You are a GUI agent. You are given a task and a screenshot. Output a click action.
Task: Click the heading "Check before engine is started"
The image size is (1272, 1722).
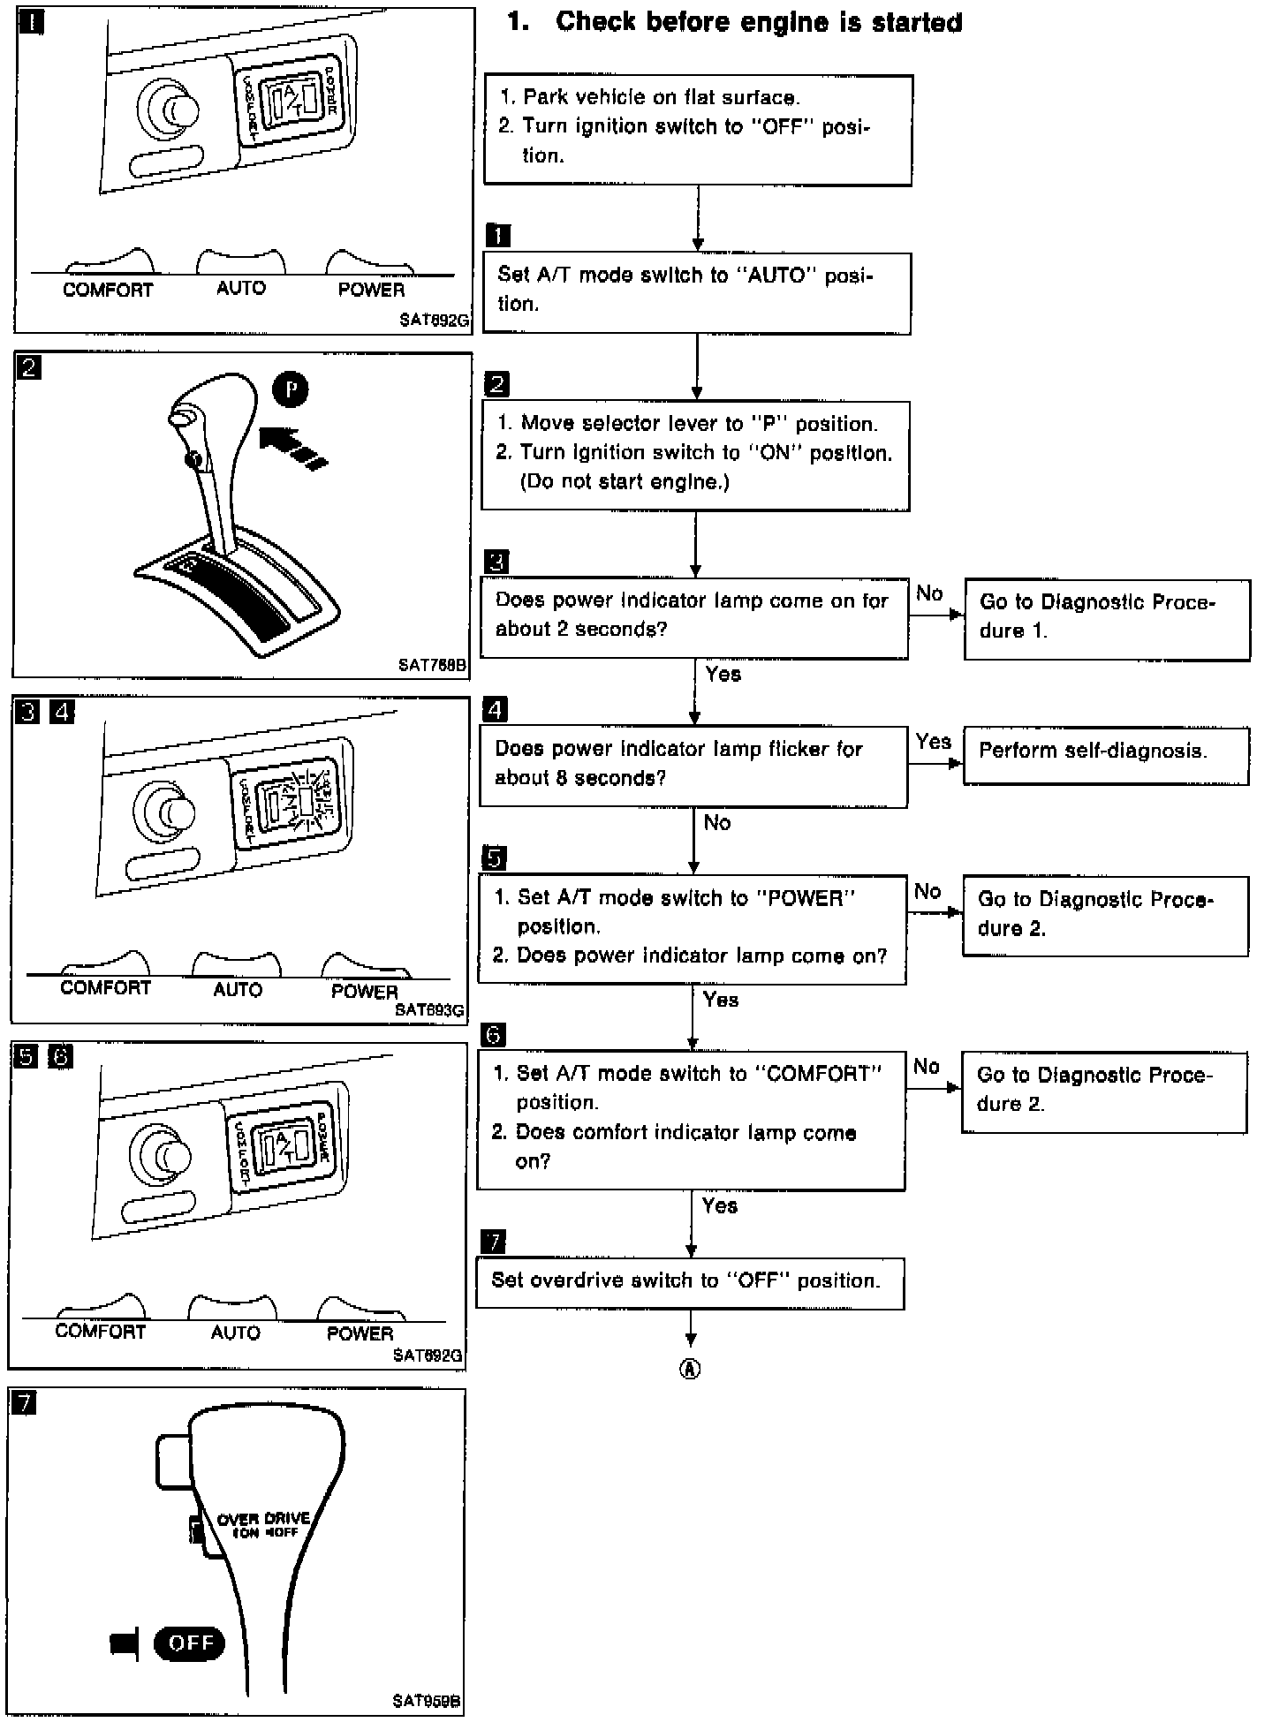758,22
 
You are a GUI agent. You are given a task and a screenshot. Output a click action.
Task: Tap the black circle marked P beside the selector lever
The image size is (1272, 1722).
290,389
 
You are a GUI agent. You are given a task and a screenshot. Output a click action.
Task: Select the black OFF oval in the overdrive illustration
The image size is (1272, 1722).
189,1642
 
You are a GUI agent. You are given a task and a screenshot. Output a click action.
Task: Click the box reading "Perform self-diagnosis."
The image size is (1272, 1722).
1105,755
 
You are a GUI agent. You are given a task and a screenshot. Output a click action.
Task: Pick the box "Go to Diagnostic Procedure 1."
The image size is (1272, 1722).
1107,619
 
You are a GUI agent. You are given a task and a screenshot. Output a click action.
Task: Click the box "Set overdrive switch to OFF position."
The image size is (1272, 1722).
690,1282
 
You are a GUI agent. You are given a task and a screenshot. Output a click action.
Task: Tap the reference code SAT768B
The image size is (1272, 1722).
432,665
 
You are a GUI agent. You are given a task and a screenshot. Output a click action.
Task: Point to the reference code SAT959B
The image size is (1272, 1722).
427,1700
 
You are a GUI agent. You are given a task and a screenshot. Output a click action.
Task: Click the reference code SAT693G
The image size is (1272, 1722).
430,1009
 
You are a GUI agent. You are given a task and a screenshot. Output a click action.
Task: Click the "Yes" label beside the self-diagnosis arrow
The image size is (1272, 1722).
933,742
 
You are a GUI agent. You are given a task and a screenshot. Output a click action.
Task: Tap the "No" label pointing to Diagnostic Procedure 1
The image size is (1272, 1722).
929,593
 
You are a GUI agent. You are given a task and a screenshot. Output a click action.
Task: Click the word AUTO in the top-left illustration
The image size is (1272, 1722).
240,288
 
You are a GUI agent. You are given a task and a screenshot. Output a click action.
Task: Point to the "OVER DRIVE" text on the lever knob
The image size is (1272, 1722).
263,1518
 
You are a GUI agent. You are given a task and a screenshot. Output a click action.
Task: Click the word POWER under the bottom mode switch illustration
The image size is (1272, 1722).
360,1333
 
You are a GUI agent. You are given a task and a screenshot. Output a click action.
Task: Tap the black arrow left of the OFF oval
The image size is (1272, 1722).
125,1643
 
